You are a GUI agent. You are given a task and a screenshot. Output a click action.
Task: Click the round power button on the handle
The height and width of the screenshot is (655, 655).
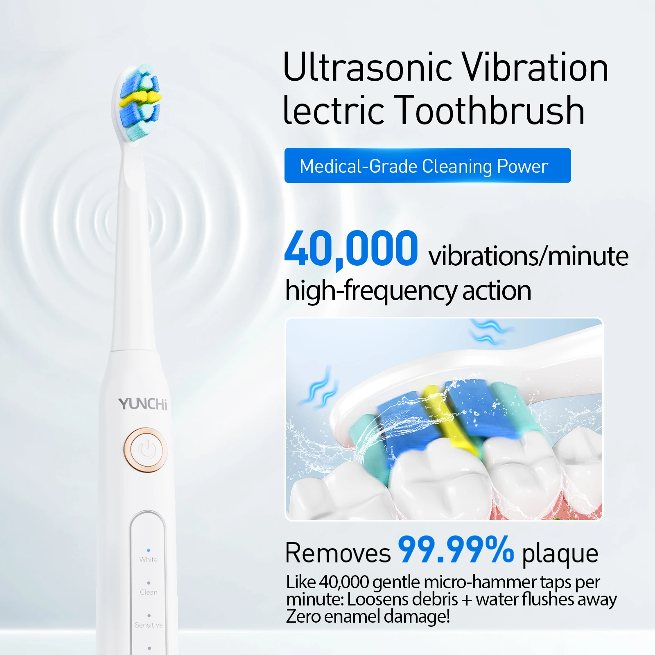pos(146,450)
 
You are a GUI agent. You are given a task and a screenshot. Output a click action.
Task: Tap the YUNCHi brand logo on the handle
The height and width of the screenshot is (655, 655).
pos(143,404)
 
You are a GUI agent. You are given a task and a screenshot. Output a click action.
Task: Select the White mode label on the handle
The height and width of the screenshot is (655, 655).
pos(148,560)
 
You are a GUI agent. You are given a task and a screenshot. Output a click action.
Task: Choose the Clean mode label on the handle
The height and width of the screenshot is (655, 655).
pos(148,592)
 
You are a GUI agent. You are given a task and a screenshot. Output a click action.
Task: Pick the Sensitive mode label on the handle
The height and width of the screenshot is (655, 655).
pos(149,625)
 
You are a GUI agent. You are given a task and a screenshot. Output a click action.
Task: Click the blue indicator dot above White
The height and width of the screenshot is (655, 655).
pos(148,550)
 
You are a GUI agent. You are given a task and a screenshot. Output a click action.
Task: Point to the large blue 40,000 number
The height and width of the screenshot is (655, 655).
pos(351,248)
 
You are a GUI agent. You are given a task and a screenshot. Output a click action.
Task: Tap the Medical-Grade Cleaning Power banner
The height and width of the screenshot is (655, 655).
pos(427,165)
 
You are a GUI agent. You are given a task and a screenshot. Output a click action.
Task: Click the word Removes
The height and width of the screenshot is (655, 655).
pos(338,553)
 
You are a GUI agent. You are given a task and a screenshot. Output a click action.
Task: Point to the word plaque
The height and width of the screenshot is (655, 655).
pos(560,554)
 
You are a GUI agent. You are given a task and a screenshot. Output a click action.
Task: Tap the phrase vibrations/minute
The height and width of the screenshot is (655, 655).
pos(528,256)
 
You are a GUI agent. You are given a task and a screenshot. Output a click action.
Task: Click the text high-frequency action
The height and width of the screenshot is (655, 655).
pos(408,291)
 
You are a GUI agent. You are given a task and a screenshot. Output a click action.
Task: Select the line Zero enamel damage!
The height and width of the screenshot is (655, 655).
pos(368,617)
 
